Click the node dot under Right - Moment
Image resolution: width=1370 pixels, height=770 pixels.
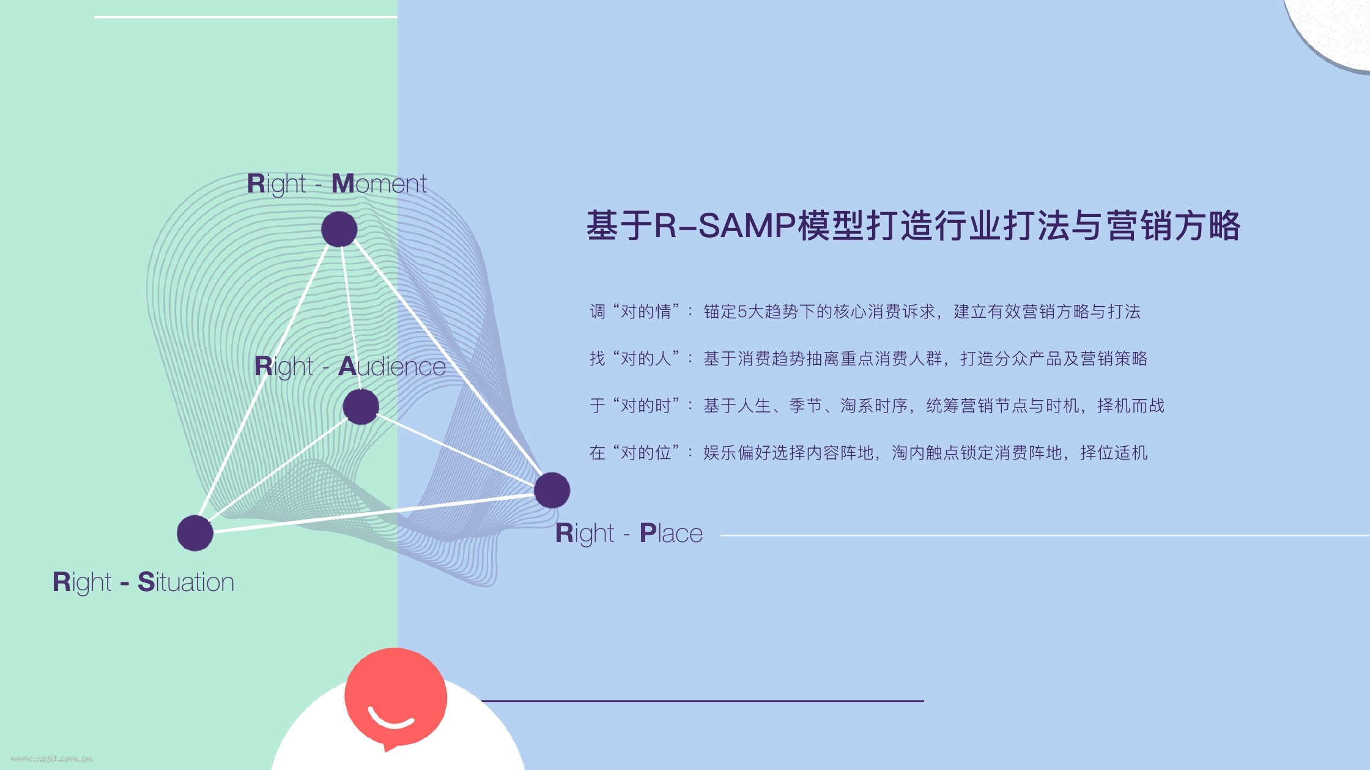(339, 229)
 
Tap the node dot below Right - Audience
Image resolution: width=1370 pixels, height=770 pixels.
(361, 406)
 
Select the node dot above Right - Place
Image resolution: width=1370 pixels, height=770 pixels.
(552, 490)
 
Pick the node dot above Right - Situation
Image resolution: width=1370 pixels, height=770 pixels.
(195, 533)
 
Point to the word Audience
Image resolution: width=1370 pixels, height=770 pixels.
(392, 366)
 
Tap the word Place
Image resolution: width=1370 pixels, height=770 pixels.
(671, 533)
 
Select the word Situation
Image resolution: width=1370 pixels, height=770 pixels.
(186, 582)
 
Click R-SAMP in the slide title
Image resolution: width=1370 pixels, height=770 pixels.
(725, 225)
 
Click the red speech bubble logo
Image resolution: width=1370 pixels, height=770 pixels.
(396, 697)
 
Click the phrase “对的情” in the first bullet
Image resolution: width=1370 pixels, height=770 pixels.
(646, 312)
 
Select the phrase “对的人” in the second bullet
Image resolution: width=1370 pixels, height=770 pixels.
(646, 359)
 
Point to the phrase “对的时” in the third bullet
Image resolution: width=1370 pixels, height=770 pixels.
(646, 406)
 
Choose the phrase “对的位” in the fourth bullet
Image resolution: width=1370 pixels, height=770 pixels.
(646, 453)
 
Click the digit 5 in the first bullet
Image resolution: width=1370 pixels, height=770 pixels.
(742, 312)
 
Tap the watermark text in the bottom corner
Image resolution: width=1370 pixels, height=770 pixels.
(51, 758)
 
